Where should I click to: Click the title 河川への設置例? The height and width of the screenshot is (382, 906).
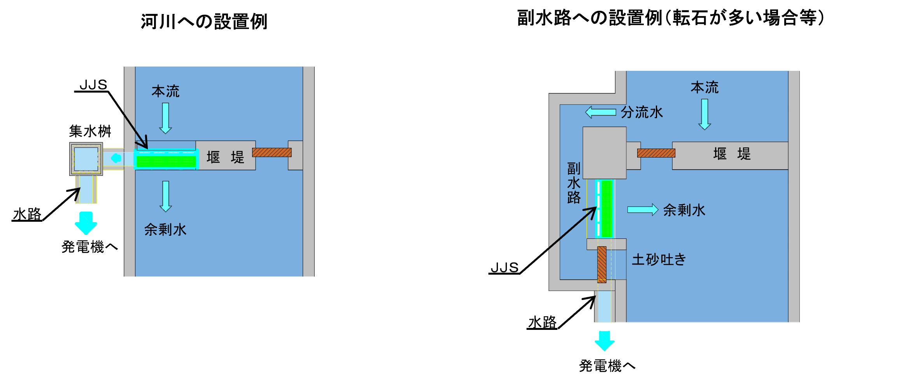point(204,21)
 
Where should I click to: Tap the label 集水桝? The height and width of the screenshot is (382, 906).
point(90,131)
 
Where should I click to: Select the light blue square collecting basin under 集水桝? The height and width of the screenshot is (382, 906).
point(86,159)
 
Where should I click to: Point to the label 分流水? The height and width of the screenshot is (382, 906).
point(641,112)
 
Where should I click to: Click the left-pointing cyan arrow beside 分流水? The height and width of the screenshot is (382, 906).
point(601,112)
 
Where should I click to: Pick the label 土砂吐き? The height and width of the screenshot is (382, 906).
point(659,259)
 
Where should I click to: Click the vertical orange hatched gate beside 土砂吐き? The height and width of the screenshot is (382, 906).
point(602,264)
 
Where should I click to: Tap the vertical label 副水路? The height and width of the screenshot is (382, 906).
point(573,183)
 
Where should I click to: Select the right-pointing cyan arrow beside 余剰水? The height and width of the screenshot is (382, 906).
point(642,210)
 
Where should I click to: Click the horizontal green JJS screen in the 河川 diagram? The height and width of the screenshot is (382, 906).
point(166,161)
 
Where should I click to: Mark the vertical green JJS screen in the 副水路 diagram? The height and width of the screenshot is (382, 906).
point(606,209)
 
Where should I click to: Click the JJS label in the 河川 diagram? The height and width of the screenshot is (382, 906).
point(93,85)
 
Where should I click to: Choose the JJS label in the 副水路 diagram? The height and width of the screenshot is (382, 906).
point(504,268)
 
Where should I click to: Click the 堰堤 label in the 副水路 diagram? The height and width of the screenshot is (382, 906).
point(732,154)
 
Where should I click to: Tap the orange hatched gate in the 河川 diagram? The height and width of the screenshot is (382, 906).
point(272,152)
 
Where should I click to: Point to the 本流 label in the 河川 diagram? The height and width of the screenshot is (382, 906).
point(165,92)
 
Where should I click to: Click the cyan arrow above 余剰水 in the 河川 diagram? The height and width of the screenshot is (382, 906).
point(166,196)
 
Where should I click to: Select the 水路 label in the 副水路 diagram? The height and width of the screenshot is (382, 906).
point(542,322)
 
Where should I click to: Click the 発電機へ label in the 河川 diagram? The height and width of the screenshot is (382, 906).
point(89,247)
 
